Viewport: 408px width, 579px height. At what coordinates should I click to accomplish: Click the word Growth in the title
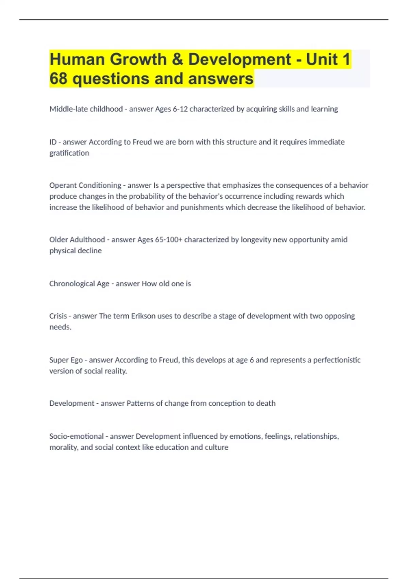tap(138, 60)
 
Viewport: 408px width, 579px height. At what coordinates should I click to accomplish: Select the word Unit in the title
tap(322, 60)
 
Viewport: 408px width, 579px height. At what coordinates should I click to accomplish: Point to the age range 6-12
tap(180, 109)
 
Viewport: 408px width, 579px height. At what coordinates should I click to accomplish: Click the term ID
tap(53, 142)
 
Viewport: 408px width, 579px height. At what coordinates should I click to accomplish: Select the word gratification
tap(69, 153)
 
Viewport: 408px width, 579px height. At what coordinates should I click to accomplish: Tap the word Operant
tap(63, 185)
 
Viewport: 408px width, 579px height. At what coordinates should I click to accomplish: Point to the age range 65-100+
tap(169, 239)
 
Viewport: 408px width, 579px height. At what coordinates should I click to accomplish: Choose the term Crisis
tap(58, 316)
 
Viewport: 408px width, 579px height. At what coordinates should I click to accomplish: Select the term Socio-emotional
tap(76, 436)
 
